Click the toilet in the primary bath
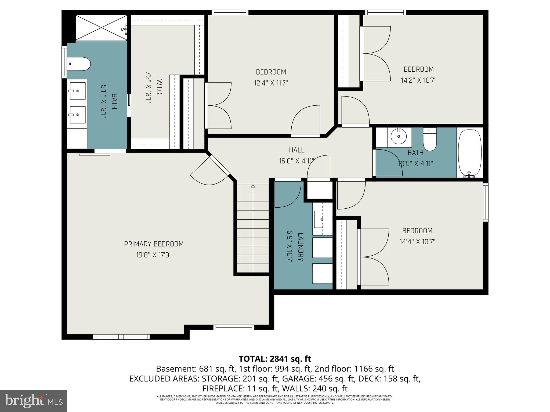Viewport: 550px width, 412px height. [79, 64]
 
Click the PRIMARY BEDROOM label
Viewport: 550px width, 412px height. [154, 244]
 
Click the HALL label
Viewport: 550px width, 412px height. [296, 150]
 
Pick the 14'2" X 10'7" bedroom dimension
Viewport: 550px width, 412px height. [418, 80]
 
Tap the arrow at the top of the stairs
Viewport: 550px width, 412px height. [253, 186]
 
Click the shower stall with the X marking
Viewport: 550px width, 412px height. [101, 28]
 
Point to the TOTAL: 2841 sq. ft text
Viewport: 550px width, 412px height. [275, 359]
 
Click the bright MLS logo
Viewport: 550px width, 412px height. [34, 401]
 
